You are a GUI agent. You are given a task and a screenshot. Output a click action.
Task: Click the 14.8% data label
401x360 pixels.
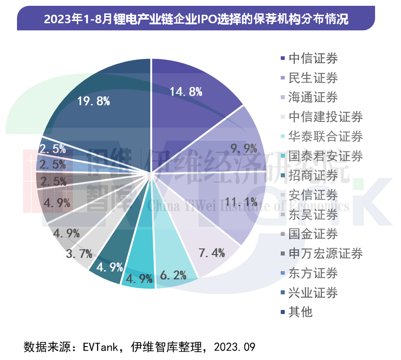(186, 92)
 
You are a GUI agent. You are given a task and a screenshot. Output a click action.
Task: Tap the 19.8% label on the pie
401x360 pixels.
(93, 101)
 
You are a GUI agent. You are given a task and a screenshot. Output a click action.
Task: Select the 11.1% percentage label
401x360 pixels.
(240, 200)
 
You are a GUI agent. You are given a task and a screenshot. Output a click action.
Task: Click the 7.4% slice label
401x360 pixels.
(211, 254)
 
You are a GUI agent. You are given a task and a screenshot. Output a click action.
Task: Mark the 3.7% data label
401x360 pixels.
(79, 254)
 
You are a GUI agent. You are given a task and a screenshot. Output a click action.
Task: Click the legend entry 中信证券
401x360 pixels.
(313, 59)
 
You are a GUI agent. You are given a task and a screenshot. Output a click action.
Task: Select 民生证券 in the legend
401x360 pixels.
(313, 78)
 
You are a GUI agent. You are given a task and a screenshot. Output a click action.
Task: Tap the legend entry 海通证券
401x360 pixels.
(313, 97)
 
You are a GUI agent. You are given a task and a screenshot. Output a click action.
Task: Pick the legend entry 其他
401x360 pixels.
(300, 312)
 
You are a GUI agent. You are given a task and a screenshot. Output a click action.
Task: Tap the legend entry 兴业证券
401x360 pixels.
(313, 293)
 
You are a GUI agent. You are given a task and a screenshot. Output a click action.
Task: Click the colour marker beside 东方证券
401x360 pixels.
(282, 273)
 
